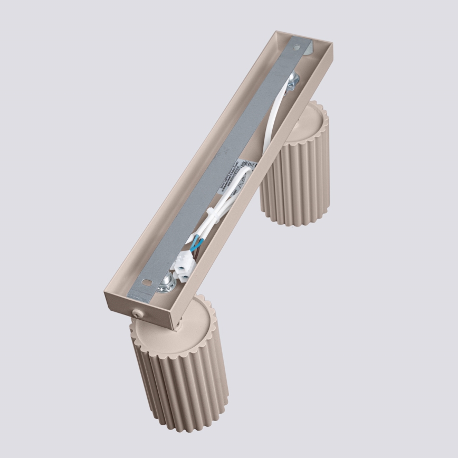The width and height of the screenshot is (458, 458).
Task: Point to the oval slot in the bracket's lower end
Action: click(146, 284)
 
